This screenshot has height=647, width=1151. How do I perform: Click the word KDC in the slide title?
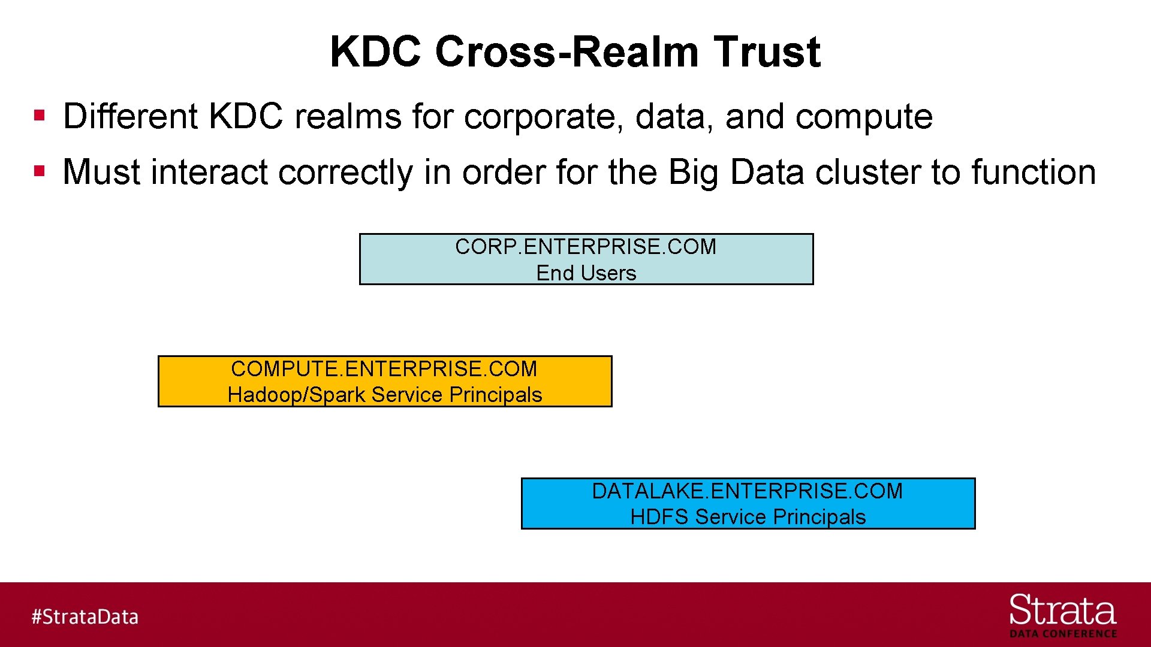click(376, 52)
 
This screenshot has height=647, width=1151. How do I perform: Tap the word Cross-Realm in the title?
click(567, 52)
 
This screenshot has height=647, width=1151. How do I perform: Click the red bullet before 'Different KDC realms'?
click(40, 115)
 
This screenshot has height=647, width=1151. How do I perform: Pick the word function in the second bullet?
click(1034, 172)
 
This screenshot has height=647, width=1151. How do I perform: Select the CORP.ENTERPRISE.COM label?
click(586, 247)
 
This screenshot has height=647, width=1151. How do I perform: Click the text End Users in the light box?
click(586, 273)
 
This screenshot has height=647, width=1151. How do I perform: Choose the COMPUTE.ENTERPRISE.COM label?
click(384, 369)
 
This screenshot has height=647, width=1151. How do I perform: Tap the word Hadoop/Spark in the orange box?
click(296, 395)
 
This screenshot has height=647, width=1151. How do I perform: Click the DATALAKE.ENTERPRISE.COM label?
click(747, 491)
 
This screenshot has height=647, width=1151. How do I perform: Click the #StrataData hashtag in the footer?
click(85, 616)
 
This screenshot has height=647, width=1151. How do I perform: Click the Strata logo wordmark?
click(1062, 611)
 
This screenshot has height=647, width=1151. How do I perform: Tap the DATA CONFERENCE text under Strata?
click(1063, 634)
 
